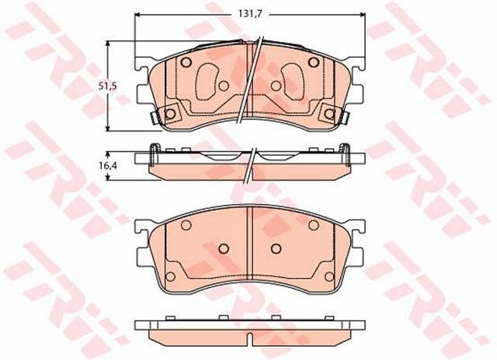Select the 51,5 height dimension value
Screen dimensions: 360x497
point(111,87)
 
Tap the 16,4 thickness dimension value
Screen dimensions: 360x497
point(111,164)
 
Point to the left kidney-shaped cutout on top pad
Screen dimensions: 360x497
point(207,78)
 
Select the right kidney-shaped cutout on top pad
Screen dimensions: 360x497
point(293,78)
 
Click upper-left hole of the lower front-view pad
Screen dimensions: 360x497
point(186,225)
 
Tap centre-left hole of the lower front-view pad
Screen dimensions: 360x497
point(221,249)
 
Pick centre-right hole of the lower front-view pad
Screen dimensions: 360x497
point(277,249)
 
